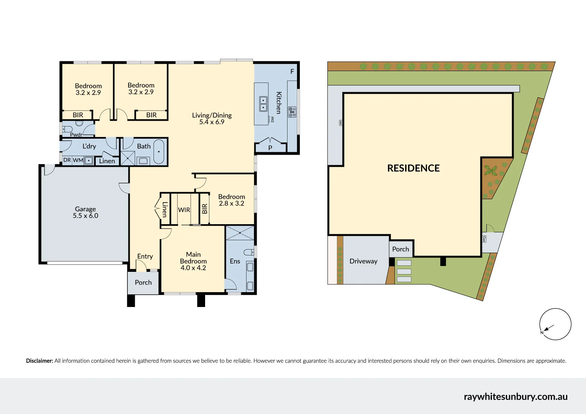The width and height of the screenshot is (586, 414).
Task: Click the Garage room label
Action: (85, 209)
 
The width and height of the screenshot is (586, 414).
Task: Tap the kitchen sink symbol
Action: (264, 104)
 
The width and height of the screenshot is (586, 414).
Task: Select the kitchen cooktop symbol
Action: (292, 112)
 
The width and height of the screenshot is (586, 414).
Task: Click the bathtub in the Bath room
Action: (159, 152)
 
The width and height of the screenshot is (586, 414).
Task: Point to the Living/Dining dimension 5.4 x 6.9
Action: (212, 122)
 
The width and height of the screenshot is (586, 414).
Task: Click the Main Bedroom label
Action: (193, 258)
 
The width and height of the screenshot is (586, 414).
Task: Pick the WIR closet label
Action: (184, 210)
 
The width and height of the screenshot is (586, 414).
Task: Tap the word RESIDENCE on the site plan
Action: (413, 168)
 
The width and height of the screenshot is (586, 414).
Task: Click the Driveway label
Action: (363, 261)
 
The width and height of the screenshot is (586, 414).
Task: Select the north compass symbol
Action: (555, 324)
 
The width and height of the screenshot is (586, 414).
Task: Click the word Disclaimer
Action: (39, 361)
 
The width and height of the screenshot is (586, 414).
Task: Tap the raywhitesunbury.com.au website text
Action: (515, 396)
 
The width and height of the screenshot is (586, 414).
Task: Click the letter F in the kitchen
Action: (292, 72)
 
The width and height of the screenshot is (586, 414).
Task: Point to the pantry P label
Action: (270, 148)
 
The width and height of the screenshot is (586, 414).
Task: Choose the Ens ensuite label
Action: (235, 261)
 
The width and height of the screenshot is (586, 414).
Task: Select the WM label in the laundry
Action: (78, 160)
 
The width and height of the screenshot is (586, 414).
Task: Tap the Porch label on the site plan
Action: (400, 249)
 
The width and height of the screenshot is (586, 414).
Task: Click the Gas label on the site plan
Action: (484, 239)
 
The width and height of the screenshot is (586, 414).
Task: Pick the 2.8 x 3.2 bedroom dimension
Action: (232, 203)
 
